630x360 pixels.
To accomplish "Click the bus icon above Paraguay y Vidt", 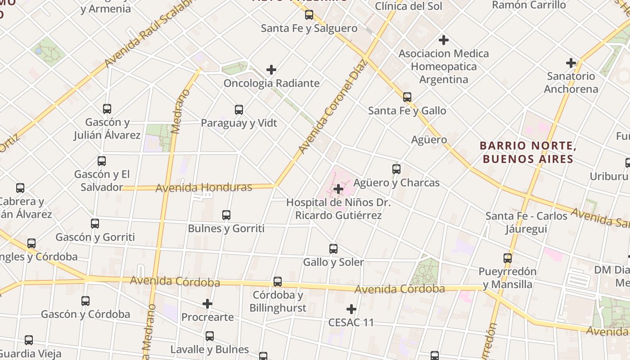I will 239,110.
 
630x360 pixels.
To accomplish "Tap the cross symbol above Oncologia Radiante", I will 271,70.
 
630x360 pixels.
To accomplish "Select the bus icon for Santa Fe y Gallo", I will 407,97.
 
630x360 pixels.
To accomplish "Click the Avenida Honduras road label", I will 203,187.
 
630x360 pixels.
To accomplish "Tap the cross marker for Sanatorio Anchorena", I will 571,63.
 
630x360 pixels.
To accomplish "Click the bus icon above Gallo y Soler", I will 333,249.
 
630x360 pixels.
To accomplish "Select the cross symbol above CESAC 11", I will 351,309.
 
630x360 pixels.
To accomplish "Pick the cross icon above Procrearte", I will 207,304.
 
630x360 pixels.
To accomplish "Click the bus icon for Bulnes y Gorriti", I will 226,215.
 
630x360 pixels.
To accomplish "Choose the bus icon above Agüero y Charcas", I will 396,169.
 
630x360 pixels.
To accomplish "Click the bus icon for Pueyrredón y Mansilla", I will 508,258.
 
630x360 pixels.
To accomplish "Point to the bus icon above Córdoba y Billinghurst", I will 278,282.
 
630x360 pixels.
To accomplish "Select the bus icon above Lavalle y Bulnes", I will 210,336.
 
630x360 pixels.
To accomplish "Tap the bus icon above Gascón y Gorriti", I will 95,224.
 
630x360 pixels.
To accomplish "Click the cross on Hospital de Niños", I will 338,189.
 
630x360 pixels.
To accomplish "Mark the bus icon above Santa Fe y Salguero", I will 309,15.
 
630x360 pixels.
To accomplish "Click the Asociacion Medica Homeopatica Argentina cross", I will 444,40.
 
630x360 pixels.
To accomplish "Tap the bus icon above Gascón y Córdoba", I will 85,301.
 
